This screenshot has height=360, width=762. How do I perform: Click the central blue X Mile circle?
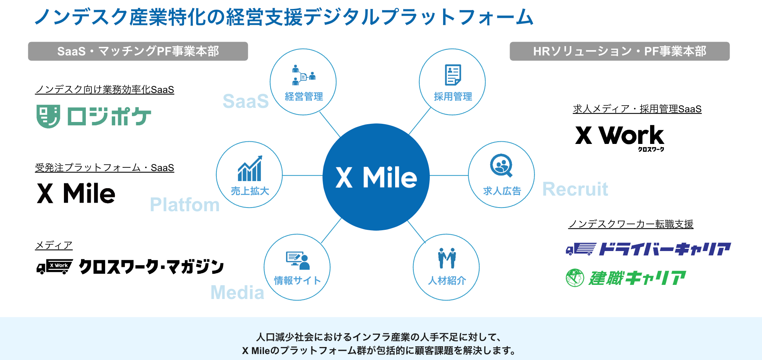[x=376, y=177]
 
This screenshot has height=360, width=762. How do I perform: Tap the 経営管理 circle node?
[x=303, y=82]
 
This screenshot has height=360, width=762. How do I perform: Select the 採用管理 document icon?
[x=453, y=75]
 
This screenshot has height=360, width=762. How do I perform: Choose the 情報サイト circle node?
[x=297, y=267]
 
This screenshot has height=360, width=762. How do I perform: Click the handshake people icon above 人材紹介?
[x=446, y=258]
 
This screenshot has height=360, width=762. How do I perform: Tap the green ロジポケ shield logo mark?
[x=48, y=116]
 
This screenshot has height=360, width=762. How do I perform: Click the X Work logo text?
[x=620, y=136]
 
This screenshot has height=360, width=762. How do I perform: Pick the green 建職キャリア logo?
[x=626, y=278]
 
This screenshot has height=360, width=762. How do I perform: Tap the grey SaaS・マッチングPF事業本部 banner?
[x=138, y=51]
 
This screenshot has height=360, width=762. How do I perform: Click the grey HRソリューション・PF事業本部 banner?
[x=619, y=51]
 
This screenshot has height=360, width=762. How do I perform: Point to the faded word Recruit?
[x=575, y=189]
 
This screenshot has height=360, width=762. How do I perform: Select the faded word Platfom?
[x=185, y=205]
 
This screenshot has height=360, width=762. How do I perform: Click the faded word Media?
[x=237, y=292]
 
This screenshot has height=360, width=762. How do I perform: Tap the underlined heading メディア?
[x=54, y=245]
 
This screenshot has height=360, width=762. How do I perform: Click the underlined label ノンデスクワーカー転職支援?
[x=631, y=224]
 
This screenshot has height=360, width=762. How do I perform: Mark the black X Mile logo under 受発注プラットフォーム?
[x=76, y=193]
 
